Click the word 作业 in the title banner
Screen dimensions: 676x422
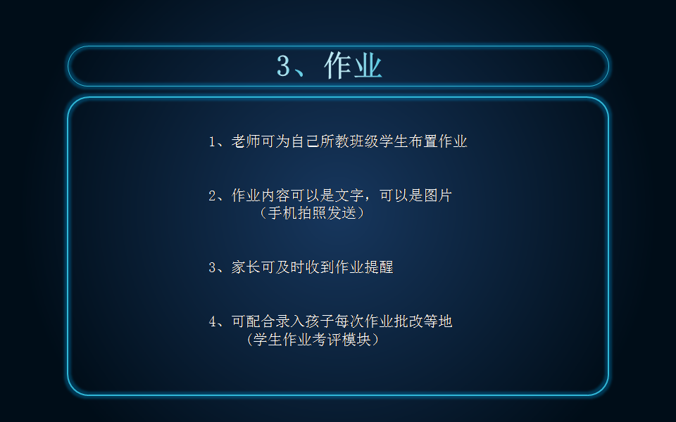coord(353,65)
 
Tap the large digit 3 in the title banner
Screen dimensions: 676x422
coord(283,66)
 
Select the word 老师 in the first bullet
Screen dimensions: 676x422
coord(246,141)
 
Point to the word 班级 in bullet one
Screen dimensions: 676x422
coord(364,141)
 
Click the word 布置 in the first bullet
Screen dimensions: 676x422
coord(423,141)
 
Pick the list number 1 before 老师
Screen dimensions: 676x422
coord(212,141)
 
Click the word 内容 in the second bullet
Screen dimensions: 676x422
coord(275,196)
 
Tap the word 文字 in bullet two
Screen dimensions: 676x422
coord(349,196)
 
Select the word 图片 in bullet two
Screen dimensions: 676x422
coord(438,196)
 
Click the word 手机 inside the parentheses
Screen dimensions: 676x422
coord(282,212)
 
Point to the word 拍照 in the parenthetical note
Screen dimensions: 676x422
coord(312,212)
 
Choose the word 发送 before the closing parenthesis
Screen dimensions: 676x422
coord(342,212)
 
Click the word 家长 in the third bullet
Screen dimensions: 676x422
coord(246,267)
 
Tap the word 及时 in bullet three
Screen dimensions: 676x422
coord(290,267)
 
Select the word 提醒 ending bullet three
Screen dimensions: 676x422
coord(379,267)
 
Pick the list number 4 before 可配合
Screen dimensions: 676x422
coord(212,321)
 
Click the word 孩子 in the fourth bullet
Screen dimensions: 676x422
coord(320,321)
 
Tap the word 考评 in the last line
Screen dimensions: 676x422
coord(327,339)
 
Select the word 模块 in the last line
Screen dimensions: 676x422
coord(356,339)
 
